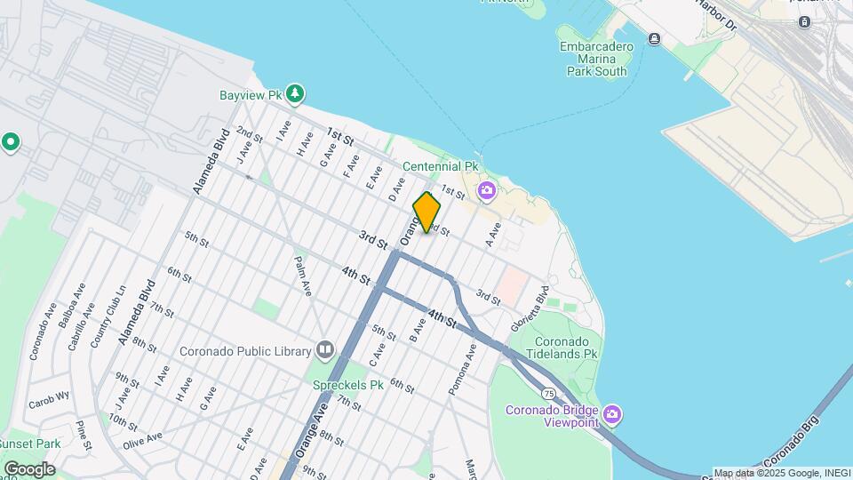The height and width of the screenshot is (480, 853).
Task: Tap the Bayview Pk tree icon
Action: (x=296, y=93)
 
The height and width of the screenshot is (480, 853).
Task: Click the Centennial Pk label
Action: (x=441, y=166)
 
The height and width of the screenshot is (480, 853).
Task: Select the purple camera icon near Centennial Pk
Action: (x=486, y=189)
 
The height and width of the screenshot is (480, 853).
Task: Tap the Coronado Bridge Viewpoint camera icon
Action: (x=611, y=414)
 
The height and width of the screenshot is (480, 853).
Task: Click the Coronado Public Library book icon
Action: (x=324, y=350)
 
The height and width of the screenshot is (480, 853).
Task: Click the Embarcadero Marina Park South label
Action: (x=596, y=59)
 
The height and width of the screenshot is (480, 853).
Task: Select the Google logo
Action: (x=28, y=468)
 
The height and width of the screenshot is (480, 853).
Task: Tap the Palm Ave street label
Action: (x=304, y=276)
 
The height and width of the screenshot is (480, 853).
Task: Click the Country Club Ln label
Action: (x=108, y=312)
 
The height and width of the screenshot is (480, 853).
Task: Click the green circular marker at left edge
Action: (x=11, y=142)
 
